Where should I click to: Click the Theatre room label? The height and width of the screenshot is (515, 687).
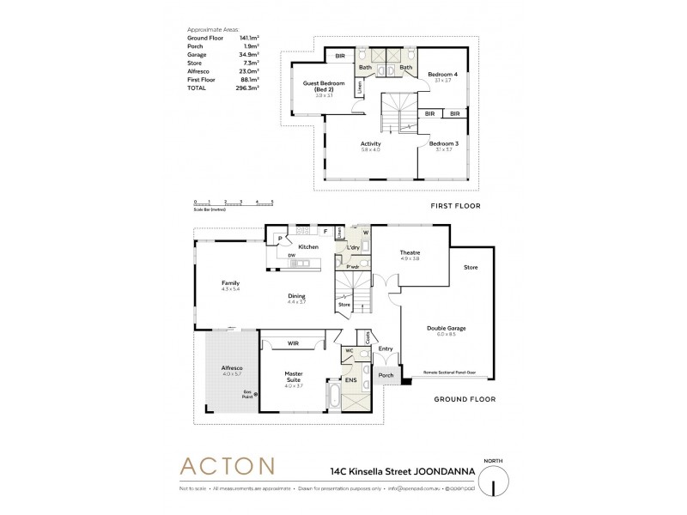pyautogui.click(x=409, y=252)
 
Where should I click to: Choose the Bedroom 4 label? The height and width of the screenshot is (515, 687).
pyautogui.click(x=443, y=75)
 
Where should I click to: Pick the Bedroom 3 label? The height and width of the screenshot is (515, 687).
pyautogui.click(x=444, y=143)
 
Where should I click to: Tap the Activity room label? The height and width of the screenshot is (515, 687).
pyautogui.click(x=371, y=143)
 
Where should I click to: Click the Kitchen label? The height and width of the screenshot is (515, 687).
pyautogui.click(x=308, y=246)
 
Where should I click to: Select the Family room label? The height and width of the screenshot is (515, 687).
pyautogui.click(x=230, y=282)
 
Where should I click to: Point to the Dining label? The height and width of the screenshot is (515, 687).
pyautogui.click(x=296, y=297)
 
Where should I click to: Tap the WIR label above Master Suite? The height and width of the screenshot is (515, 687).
pyautogui.click(x=292, y=344)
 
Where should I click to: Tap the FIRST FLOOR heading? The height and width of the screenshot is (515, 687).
pyautogui.click(x=455, y=206)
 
